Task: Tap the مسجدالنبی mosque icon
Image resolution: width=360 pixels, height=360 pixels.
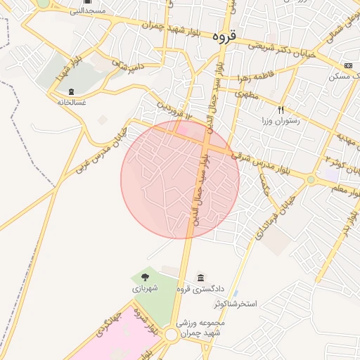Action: click(87, 2)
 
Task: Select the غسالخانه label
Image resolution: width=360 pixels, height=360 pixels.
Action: click(71, 102)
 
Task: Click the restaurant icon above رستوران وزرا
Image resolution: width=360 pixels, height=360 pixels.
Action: click(281, 110)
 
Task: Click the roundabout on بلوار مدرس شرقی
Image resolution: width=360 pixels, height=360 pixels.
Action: click(311, 180)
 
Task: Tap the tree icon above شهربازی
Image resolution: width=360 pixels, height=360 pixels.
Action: click(145, 277)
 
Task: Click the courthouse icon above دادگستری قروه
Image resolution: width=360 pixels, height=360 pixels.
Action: click(202, 277)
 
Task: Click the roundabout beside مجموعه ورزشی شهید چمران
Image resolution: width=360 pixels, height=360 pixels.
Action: click(171, 336)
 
